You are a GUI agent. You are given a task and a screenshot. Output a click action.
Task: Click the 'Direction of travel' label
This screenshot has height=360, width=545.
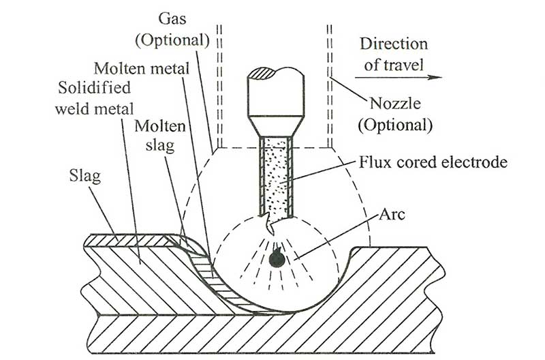coord(393,54)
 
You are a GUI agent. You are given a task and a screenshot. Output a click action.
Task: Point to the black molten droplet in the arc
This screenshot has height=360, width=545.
coord(275,258)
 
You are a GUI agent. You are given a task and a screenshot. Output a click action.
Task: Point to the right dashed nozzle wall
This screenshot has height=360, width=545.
coord(330,82)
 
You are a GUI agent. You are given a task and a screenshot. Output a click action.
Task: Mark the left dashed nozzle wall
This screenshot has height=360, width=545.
coord(219,82)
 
